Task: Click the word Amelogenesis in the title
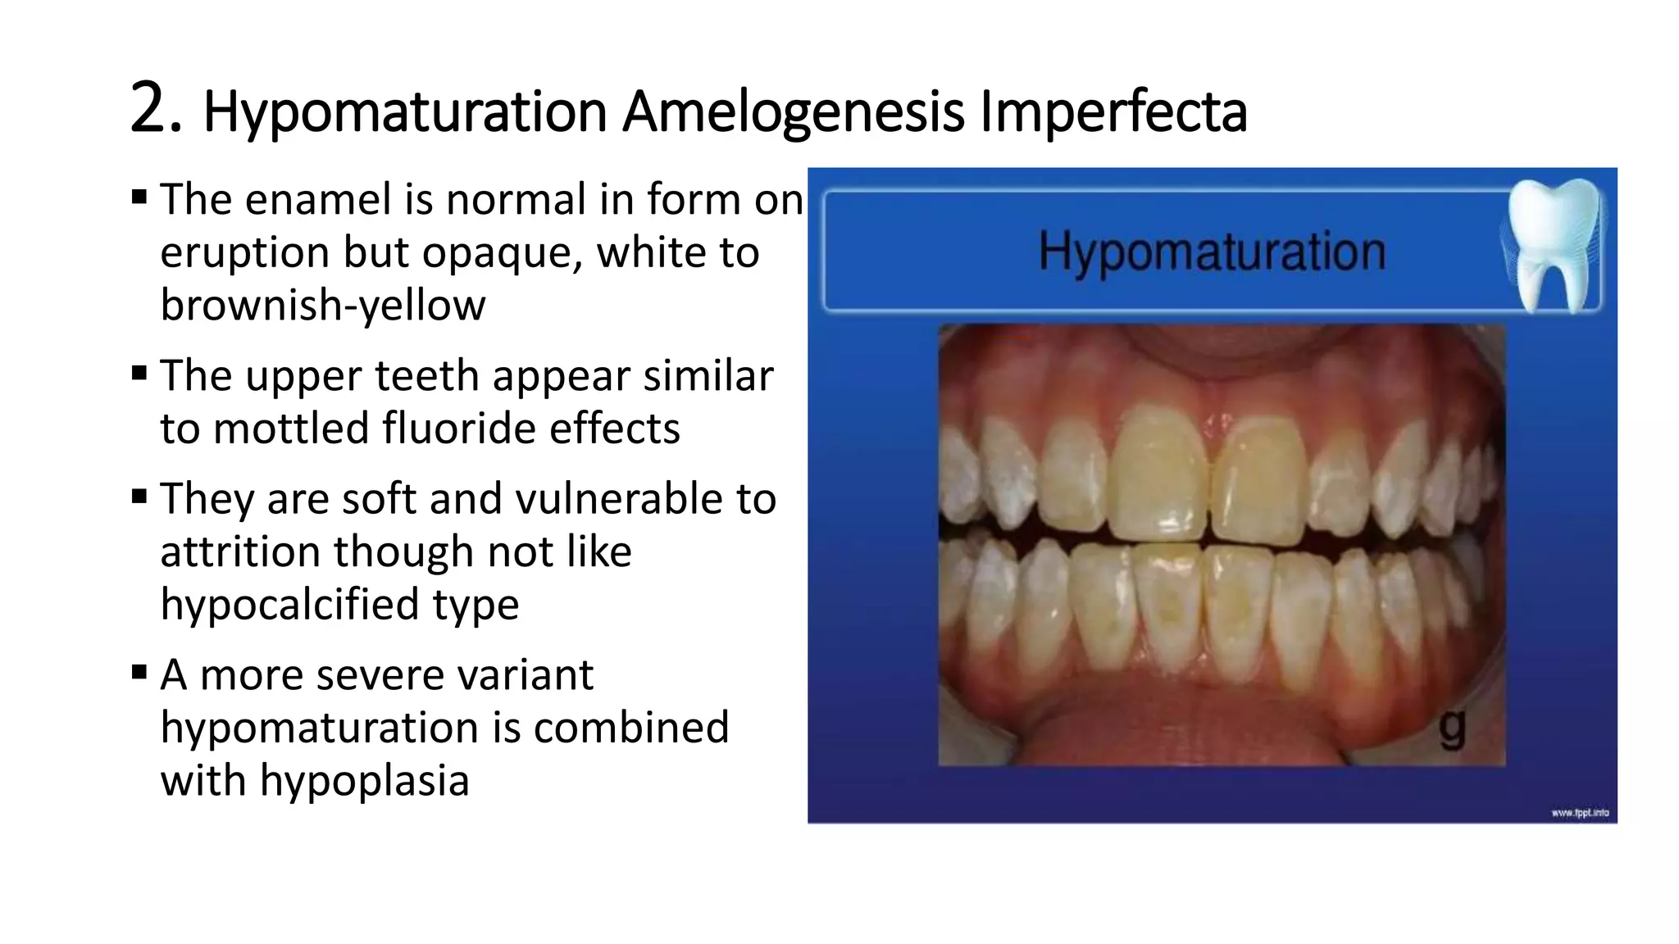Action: click(793, 112)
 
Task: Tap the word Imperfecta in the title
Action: click(1113, 112)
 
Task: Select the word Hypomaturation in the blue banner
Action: click(1212, 252)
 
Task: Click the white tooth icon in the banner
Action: click(1552, 244)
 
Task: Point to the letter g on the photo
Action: click(1452, 727)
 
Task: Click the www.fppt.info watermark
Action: click(1580, 813)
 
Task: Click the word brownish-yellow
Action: click(323, 305)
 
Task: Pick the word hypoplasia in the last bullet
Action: click(364, 780)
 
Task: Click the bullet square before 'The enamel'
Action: click(139, 197)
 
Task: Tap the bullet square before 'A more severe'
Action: click(139, 674)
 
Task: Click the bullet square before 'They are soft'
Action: click(139, 497)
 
